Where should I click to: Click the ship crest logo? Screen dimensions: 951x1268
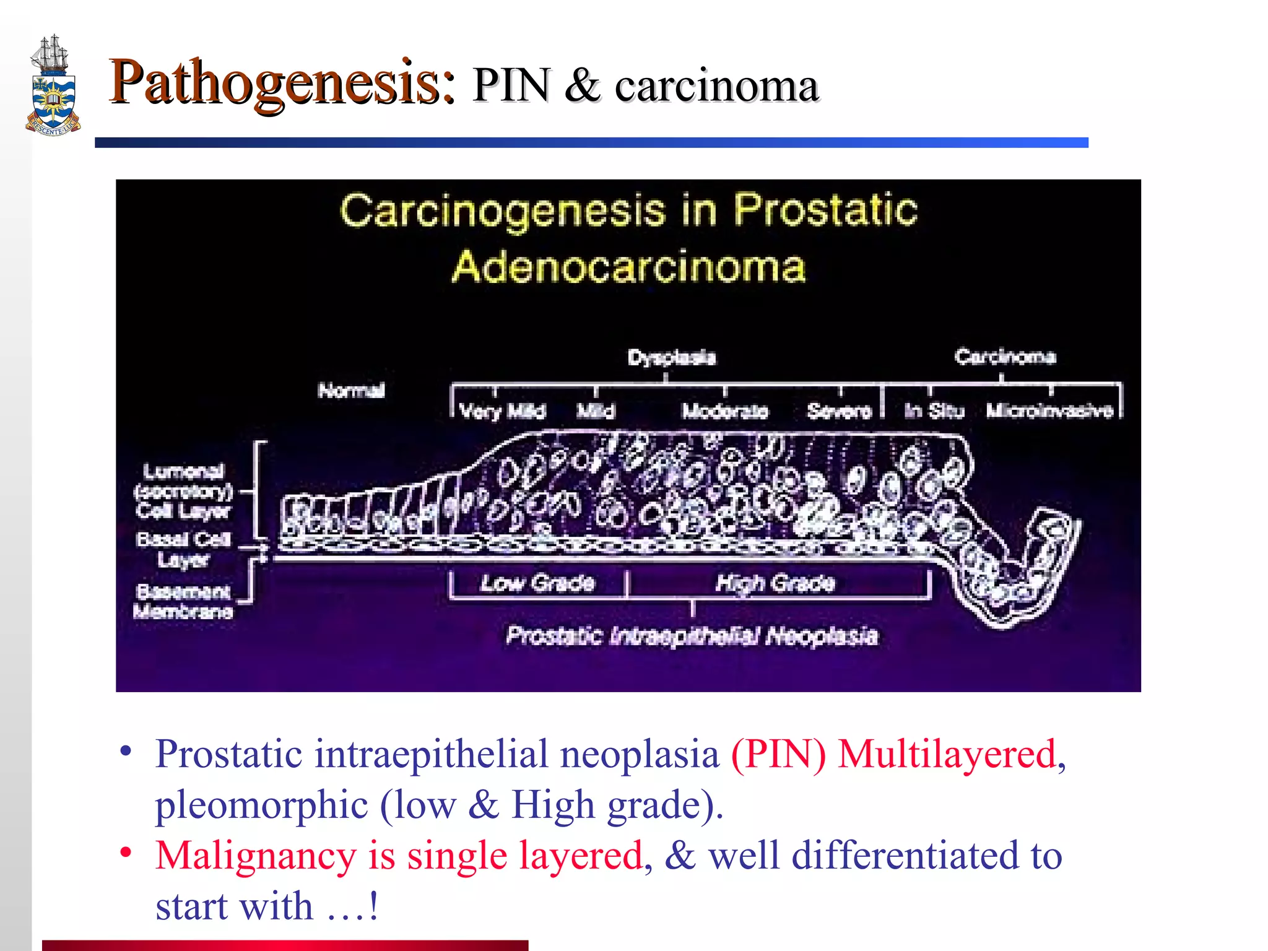pyautogui.click(x=53, y=87)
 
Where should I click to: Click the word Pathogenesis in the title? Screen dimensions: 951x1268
pyautogui.click(x=282, y=83)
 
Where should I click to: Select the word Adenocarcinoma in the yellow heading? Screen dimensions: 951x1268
pyautogui.click(x=628, y=267)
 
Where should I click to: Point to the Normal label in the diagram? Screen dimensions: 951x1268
pyautogui.click(x=351, y=391)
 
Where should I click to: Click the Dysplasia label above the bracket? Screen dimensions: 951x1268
pyautogui.click(x=672, y=357)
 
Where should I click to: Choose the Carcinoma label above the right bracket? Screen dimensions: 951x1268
pyautogui.click(x=1004, y=357)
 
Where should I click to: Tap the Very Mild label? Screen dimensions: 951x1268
pyautogui.click(x=503, y=411)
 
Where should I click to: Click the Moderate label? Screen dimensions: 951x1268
pyautogui.click(x=724, y=411)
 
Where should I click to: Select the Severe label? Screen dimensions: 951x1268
pyautogui.click(x=839, y=411)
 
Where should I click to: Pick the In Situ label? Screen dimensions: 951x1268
pyautogui.click(x=934, y=411)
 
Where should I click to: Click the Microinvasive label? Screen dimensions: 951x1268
pyautogui.click(x=1049, y=410)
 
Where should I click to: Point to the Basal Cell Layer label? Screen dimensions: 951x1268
pyautogui.click(x=183, y=549)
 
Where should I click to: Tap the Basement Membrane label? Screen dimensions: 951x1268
pyautogui.click(x=183, y=602)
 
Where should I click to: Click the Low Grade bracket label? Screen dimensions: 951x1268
pyautogui.click(x=537, y=583)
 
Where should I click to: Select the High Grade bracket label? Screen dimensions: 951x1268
pyautogui.click(x=775, y=583)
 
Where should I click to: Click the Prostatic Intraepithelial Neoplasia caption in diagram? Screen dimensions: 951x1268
pyautogui.click(x=692, y=636)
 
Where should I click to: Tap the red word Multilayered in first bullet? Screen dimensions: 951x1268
pyautogui.click(x=946, y=755)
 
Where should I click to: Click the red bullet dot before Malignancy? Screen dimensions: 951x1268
pyautogui.click(x=126, y=852)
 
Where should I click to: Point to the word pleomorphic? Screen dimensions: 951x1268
pyautogui.click(x=261, y=806)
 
